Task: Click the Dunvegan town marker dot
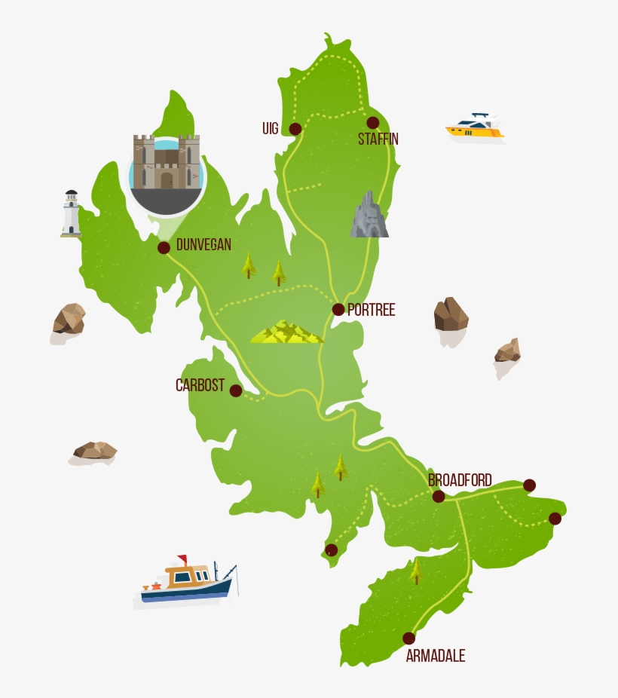(x=164, y=247)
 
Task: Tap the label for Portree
(x=371, y=310)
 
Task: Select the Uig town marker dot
(x=295, y=129)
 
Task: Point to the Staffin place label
(x=378, y=139)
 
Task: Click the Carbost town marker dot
(x=236, y=390)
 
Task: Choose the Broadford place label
(x=460, y=480)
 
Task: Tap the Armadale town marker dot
(x=409, y=638)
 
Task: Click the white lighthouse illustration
(x=71, y=213)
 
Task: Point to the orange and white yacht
(x=475, y=127)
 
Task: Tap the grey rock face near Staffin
(x=369, y=215)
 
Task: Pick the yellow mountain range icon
(x=286, y=332)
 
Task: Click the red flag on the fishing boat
(x=182, y=559)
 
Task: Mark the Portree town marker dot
(x=338, y=309)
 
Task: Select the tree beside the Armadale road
(x=416, y=571)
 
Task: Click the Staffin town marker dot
(x=372, y=123)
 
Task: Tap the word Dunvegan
(x=203, y=244)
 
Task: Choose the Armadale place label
(x=436, y=656)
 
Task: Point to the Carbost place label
(x=200, y=386)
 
